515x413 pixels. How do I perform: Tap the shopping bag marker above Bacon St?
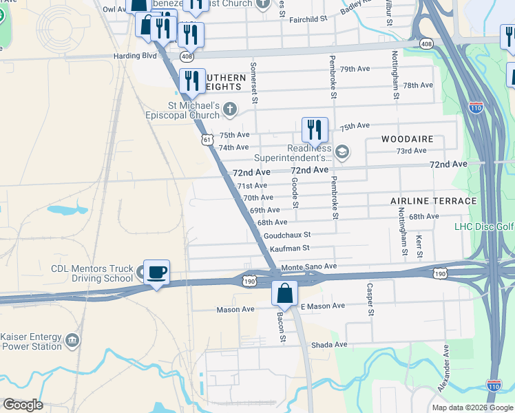pos(284,294)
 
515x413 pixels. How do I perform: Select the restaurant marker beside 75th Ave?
pos(315,130)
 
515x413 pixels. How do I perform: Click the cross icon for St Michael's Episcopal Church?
pos(229,109)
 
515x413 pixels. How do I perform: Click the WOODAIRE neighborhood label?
pos(408,139)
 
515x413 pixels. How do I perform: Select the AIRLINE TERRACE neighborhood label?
pos(433,201)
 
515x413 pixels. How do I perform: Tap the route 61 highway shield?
pos(207,140)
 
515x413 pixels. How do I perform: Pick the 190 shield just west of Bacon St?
pos(249,281)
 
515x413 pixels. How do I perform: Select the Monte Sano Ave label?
pos(308,266)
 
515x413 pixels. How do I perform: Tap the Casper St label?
pos(370,300)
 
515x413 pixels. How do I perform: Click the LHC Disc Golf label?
pos(484,226)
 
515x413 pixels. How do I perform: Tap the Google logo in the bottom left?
pos(23,405)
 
